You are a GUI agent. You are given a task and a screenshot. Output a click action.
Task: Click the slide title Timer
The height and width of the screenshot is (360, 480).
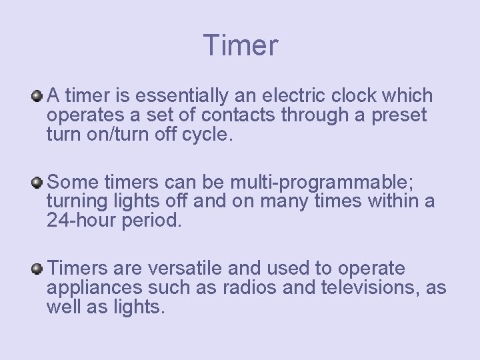(x=241, y=46)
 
